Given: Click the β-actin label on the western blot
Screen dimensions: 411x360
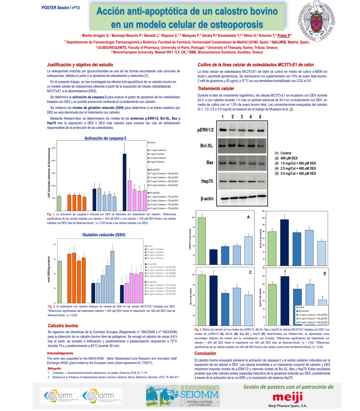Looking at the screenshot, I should (207, 198).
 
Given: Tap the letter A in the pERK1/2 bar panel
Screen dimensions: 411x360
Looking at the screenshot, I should (248, 217).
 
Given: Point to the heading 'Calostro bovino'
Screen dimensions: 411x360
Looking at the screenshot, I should (63, 326).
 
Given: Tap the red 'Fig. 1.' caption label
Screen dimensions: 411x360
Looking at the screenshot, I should (51, 214).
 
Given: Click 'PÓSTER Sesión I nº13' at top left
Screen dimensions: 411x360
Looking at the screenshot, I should (60, 8).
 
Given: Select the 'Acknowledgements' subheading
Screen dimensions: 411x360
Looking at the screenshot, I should (61, 353).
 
